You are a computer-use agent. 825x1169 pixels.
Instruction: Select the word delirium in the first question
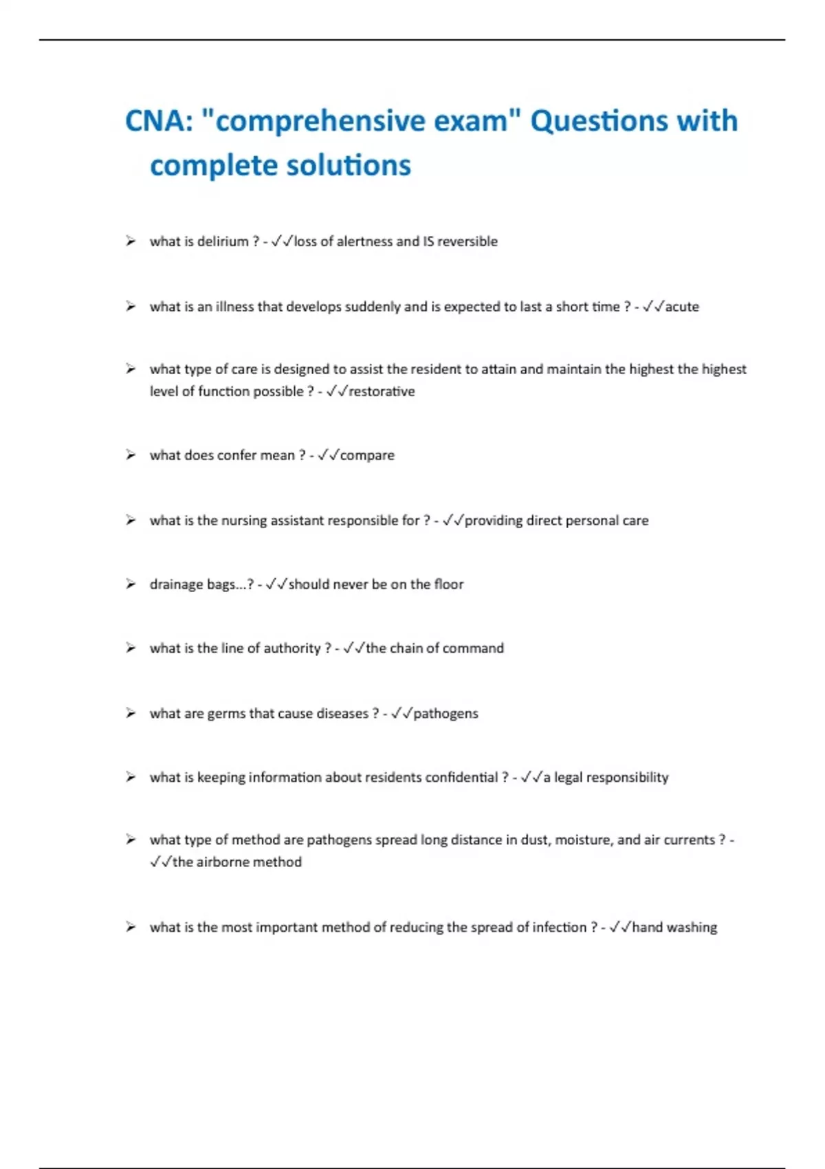(223, 241)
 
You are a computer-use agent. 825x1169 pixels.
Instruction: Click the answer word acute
(682, 307)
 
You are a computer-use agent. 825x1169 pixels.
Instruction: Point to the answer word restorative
(382, 391)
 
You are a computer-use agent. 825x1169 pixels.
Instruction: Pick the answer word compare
(367, 455)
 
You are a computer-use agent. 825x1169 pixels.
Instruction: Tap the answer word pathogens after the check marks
(445, 714)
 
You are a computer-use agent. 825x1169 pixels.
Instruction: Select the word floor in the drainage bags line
(449, 584)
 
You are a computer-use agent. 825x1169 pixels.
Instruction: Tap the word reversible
(467, 241)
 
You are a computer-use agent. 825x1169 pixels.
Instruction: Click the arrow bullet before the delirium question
(131, 241)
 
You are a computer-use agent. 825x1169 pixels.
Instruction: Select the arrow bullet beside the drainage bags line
(131, 584)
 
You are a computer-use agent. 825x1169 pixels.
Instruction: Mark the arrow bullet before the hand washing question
(131, 927)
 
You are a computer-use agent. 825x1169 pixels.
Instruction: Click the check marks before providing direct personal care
(453, 521)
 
